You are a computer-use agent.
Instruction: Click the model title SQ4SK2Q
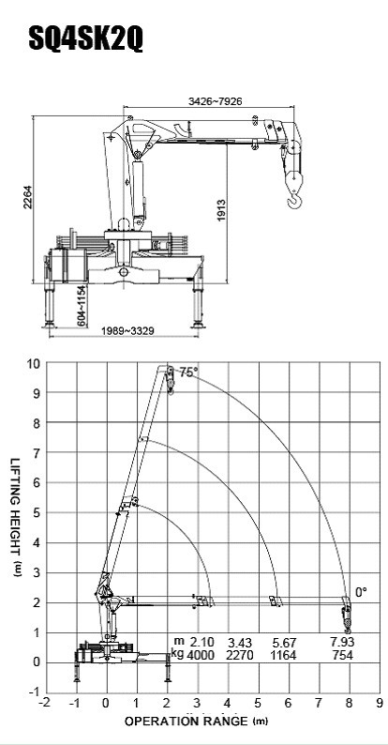pos(86,39)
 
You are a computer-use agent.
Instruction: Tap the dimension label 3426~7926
pos(216,101)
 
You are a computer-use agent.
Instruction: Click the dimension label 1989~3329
pos(127,330)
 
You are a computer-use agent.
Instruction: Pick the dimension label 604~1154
pos(82,306)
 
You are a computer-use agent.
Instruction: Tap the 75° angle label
pos(186,372)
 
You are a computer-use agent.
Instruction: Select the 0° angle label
pos(361,592)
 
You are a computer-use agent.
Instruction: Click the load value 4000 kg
pos(201,655)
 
